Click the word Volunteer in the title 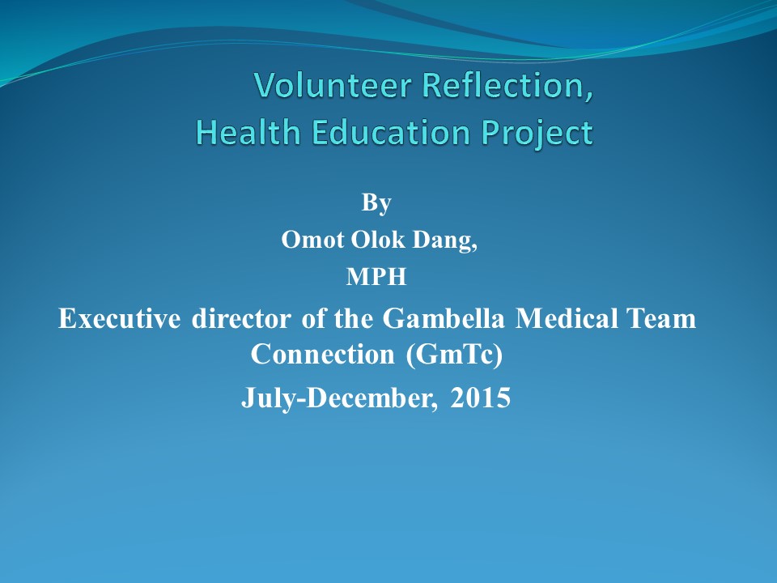click(333, 85)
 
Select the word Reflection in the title click(503, 85)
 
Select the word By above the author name click(376, 202)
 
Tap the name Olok click(378, 240)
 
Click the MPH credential click(376, 277)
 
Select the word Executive click(120, 318)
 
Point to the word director click(241, 318)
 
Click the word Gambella click(444, 318)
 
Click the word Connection click(323, 355)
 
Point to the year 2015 click(480, 398)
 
